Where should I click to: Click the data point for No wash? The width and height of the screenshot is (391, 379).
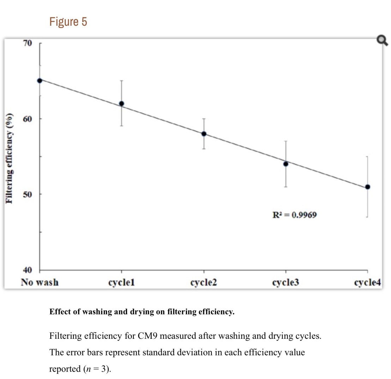pos(40,80)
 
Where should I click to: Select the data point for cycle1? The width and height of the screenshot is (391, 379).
pos(121,103)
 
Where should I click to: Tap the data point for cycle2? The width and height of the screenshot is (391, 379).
pos(204,134)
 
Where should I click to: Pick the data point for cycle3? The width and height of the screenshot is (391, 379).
pos(285,164)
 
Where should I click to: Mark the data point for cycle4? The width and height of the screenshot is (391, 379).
pos(367,187)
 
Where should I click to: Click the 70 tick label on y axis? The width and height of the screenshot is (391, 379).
pos(27,43)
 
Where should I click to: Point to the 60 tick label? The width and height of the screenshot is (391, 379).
pos(27,119)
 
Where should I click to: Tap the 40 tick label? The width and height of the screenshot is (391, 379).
pos(27,270)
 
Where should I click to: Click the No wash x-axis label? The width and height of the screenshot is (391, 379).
pos(40,282)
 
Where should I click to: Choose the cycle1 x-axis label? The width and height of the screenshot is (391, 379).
pos(121,283)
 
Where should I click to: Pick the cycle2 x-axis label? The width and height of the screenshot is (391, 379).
pos(204,283)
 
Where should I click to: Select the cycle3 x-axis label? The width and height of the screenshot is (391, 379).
pos(285,283)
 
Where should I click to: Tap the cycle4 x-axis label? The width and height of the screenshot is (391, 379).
pos(367,283)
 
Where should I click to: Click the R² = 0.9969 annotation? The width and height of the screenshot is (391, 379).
pos(292,215)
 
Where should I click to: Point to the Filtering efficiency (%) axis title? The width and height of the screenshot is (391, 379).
pos(11,159)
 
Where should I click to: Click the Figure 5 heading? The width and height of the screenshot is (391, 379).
pos(68,22)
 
